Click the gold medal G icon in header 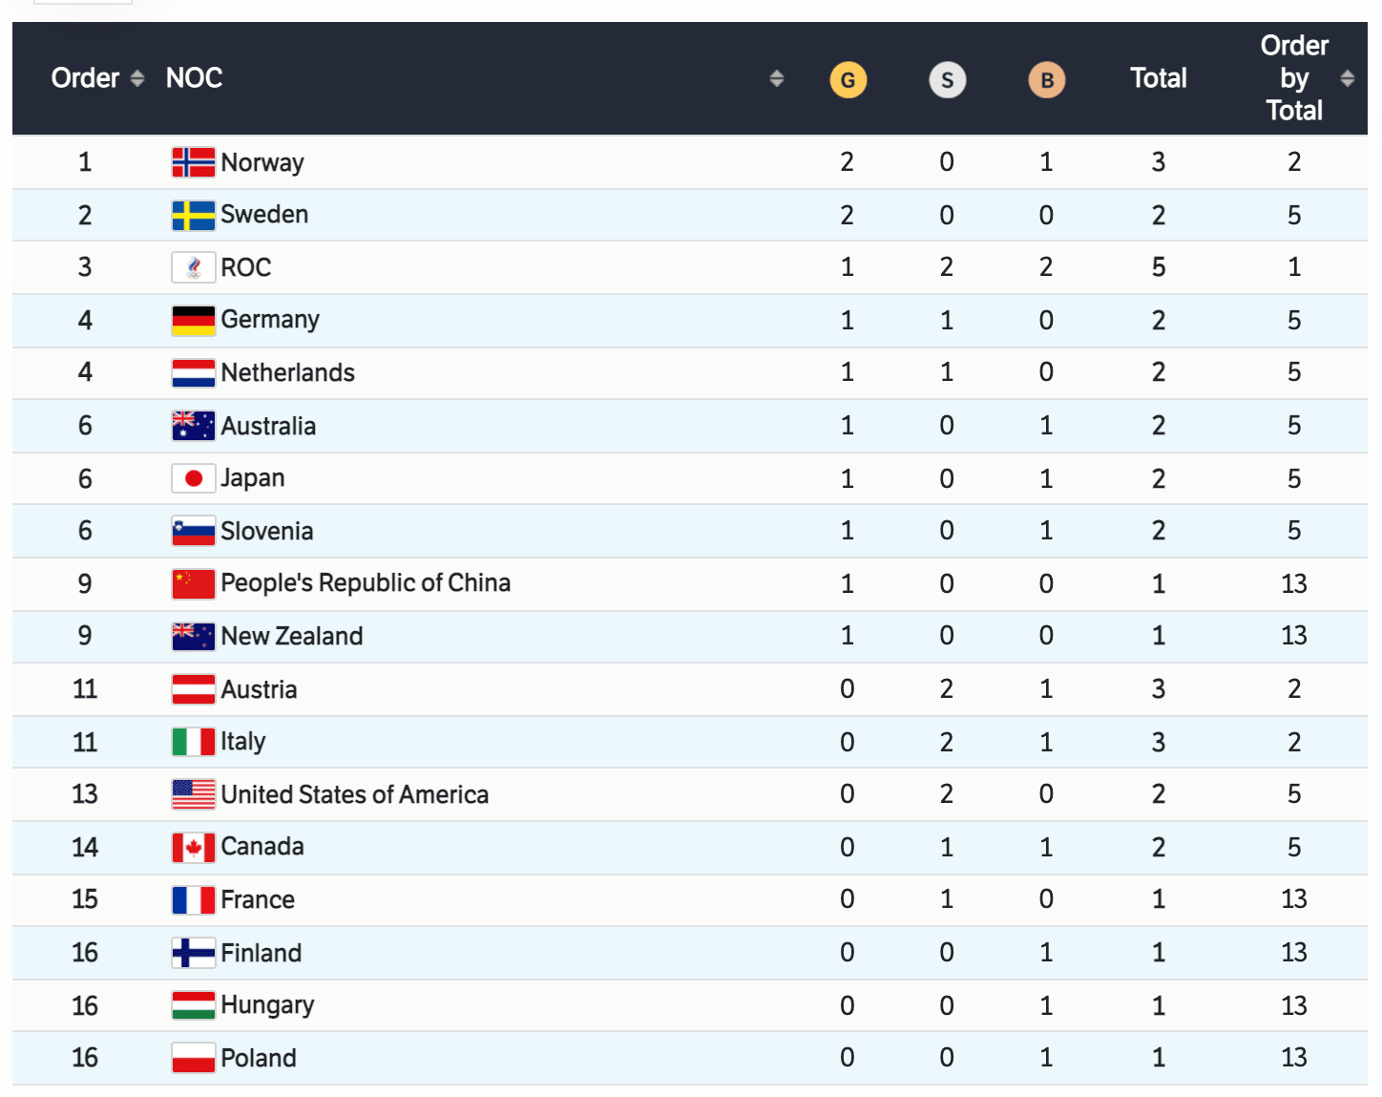[848, 80]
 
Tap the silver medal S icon [947, 80]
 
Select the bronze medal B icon [1046, 80]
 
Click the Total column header [1158, 78]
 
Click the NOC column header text [194, 78]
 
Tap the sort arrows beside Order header [137, 78]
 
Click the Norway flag [193, 162]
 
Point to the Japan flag [193, 478]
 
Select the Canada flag [193, 847]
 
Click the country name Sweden [264, 215]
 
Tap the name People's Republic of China [366, 583]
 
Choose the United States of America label [354, 794]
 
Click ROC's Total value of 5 [1158, 267]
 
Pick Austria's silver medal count [946, 689]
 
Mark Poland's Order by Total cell [1293, 1058]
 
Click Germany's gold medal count [847, 321]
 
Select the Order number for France [85, 899]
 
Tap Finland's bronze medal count [1046, 953]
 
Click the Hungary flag [193, 1005]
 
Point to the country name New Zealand [291, 637]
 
